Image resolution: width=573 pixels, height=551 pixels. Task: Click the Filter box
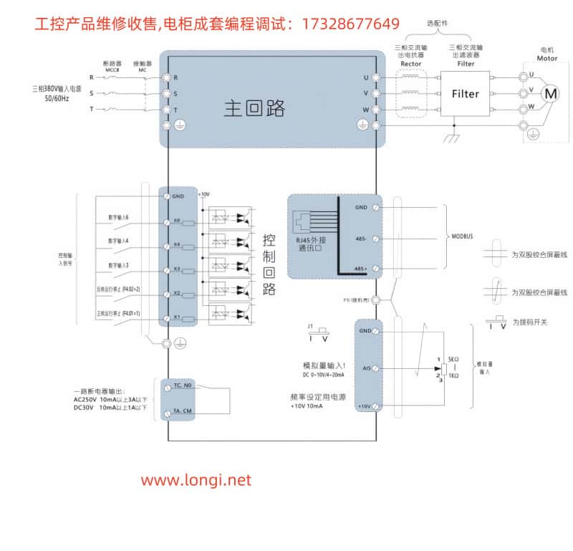coord(466,94)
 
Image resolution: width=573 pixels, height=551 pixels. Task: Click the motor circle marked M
coord(550,93)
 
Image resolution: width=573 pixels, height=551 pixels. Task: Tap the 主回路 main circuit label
coord(254,108)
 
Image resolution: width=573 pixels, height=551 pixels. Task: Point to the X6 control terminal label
coord(176,221)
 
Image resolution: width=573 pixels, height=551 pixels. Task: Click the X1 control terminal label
coord(176,317)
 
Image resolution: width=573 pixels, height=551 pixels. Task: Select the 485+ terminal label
coord(361,268)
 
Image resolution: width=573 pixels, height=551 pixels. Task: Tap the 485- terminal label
coord(361,237)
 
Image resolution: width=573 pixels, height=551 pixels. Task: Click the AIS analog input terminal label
coord(365,368)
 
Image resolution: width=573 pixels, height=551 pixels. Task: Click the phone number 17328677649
coord(350,24)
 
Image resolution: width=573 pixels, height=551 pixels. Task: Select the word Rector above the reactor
coord(411,63)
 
